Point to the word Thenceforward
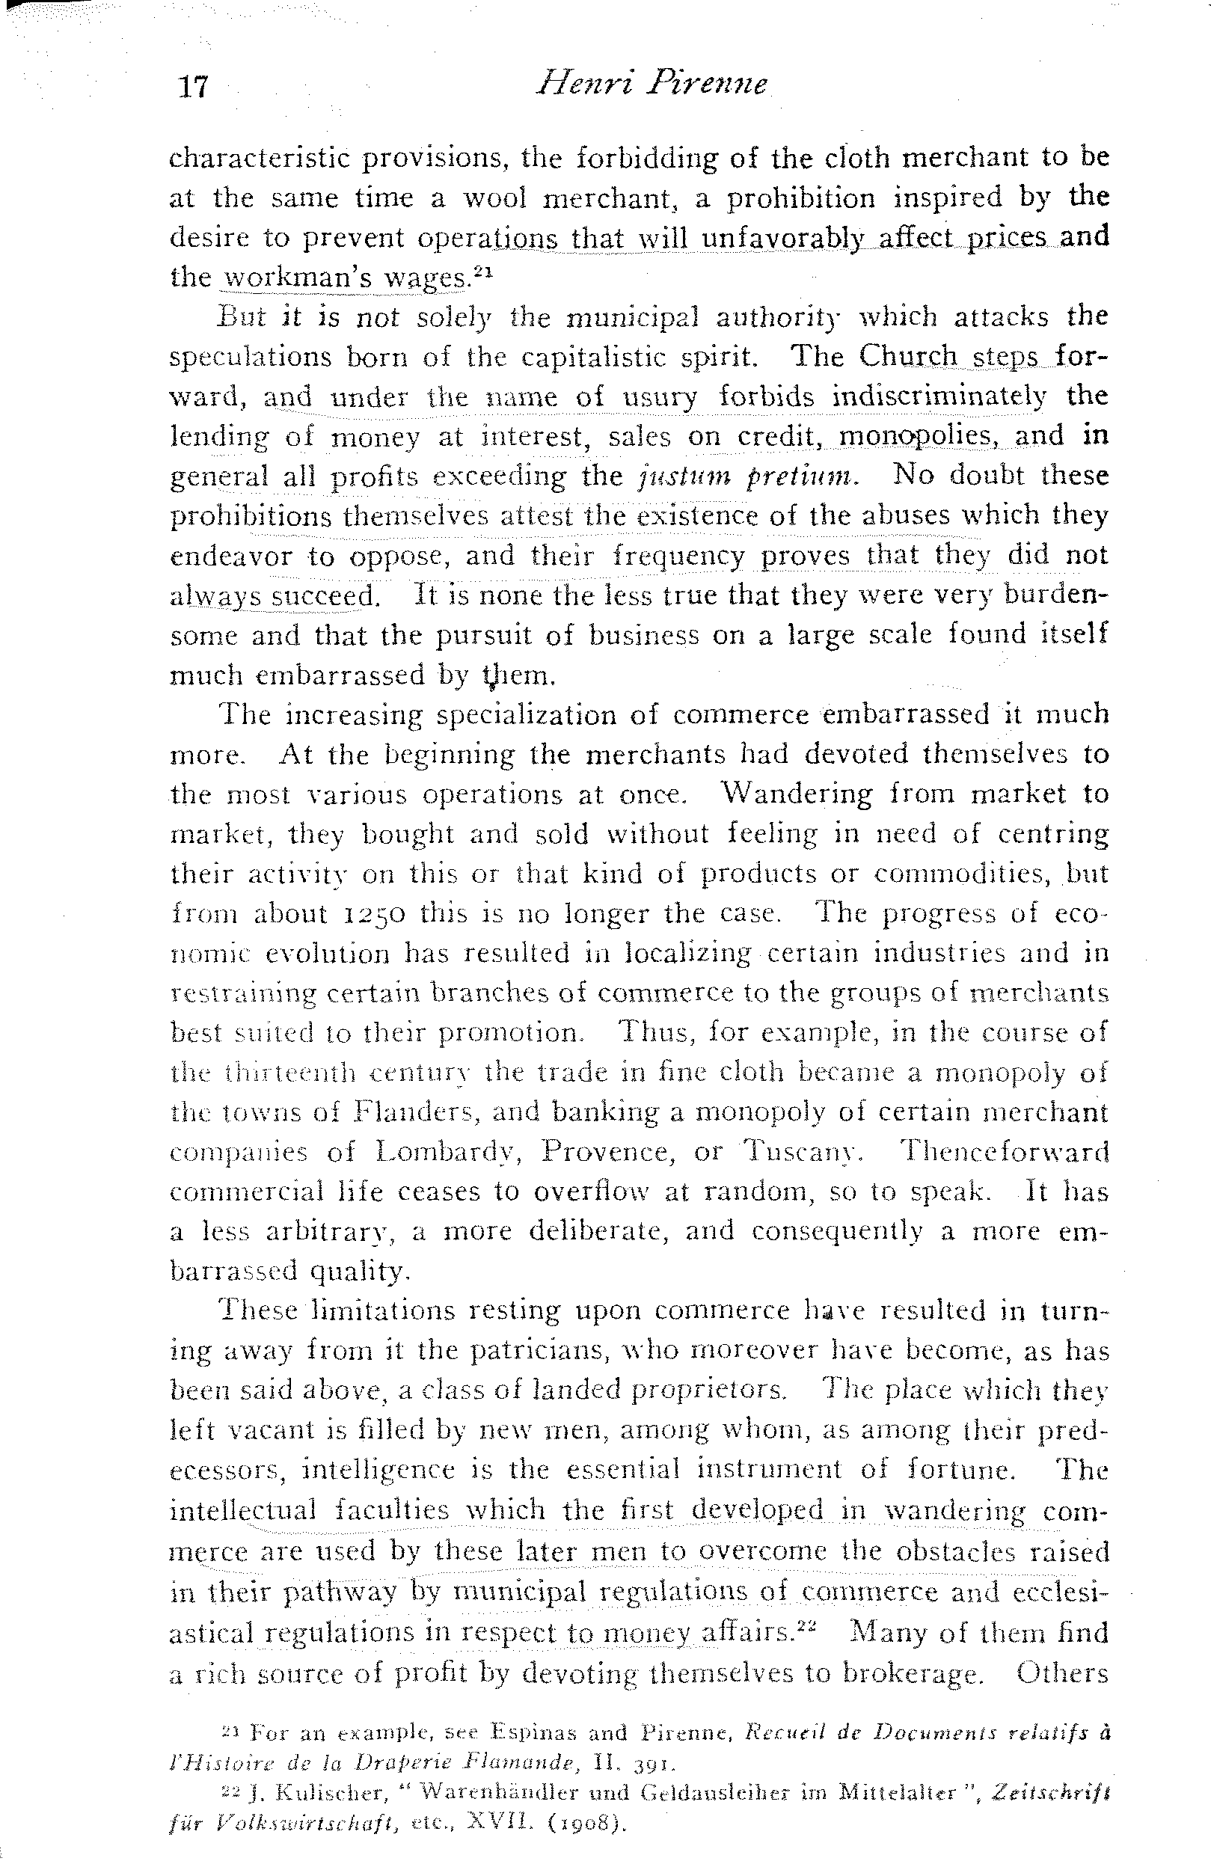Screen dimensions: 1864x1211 [x=1006, y=1152]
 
